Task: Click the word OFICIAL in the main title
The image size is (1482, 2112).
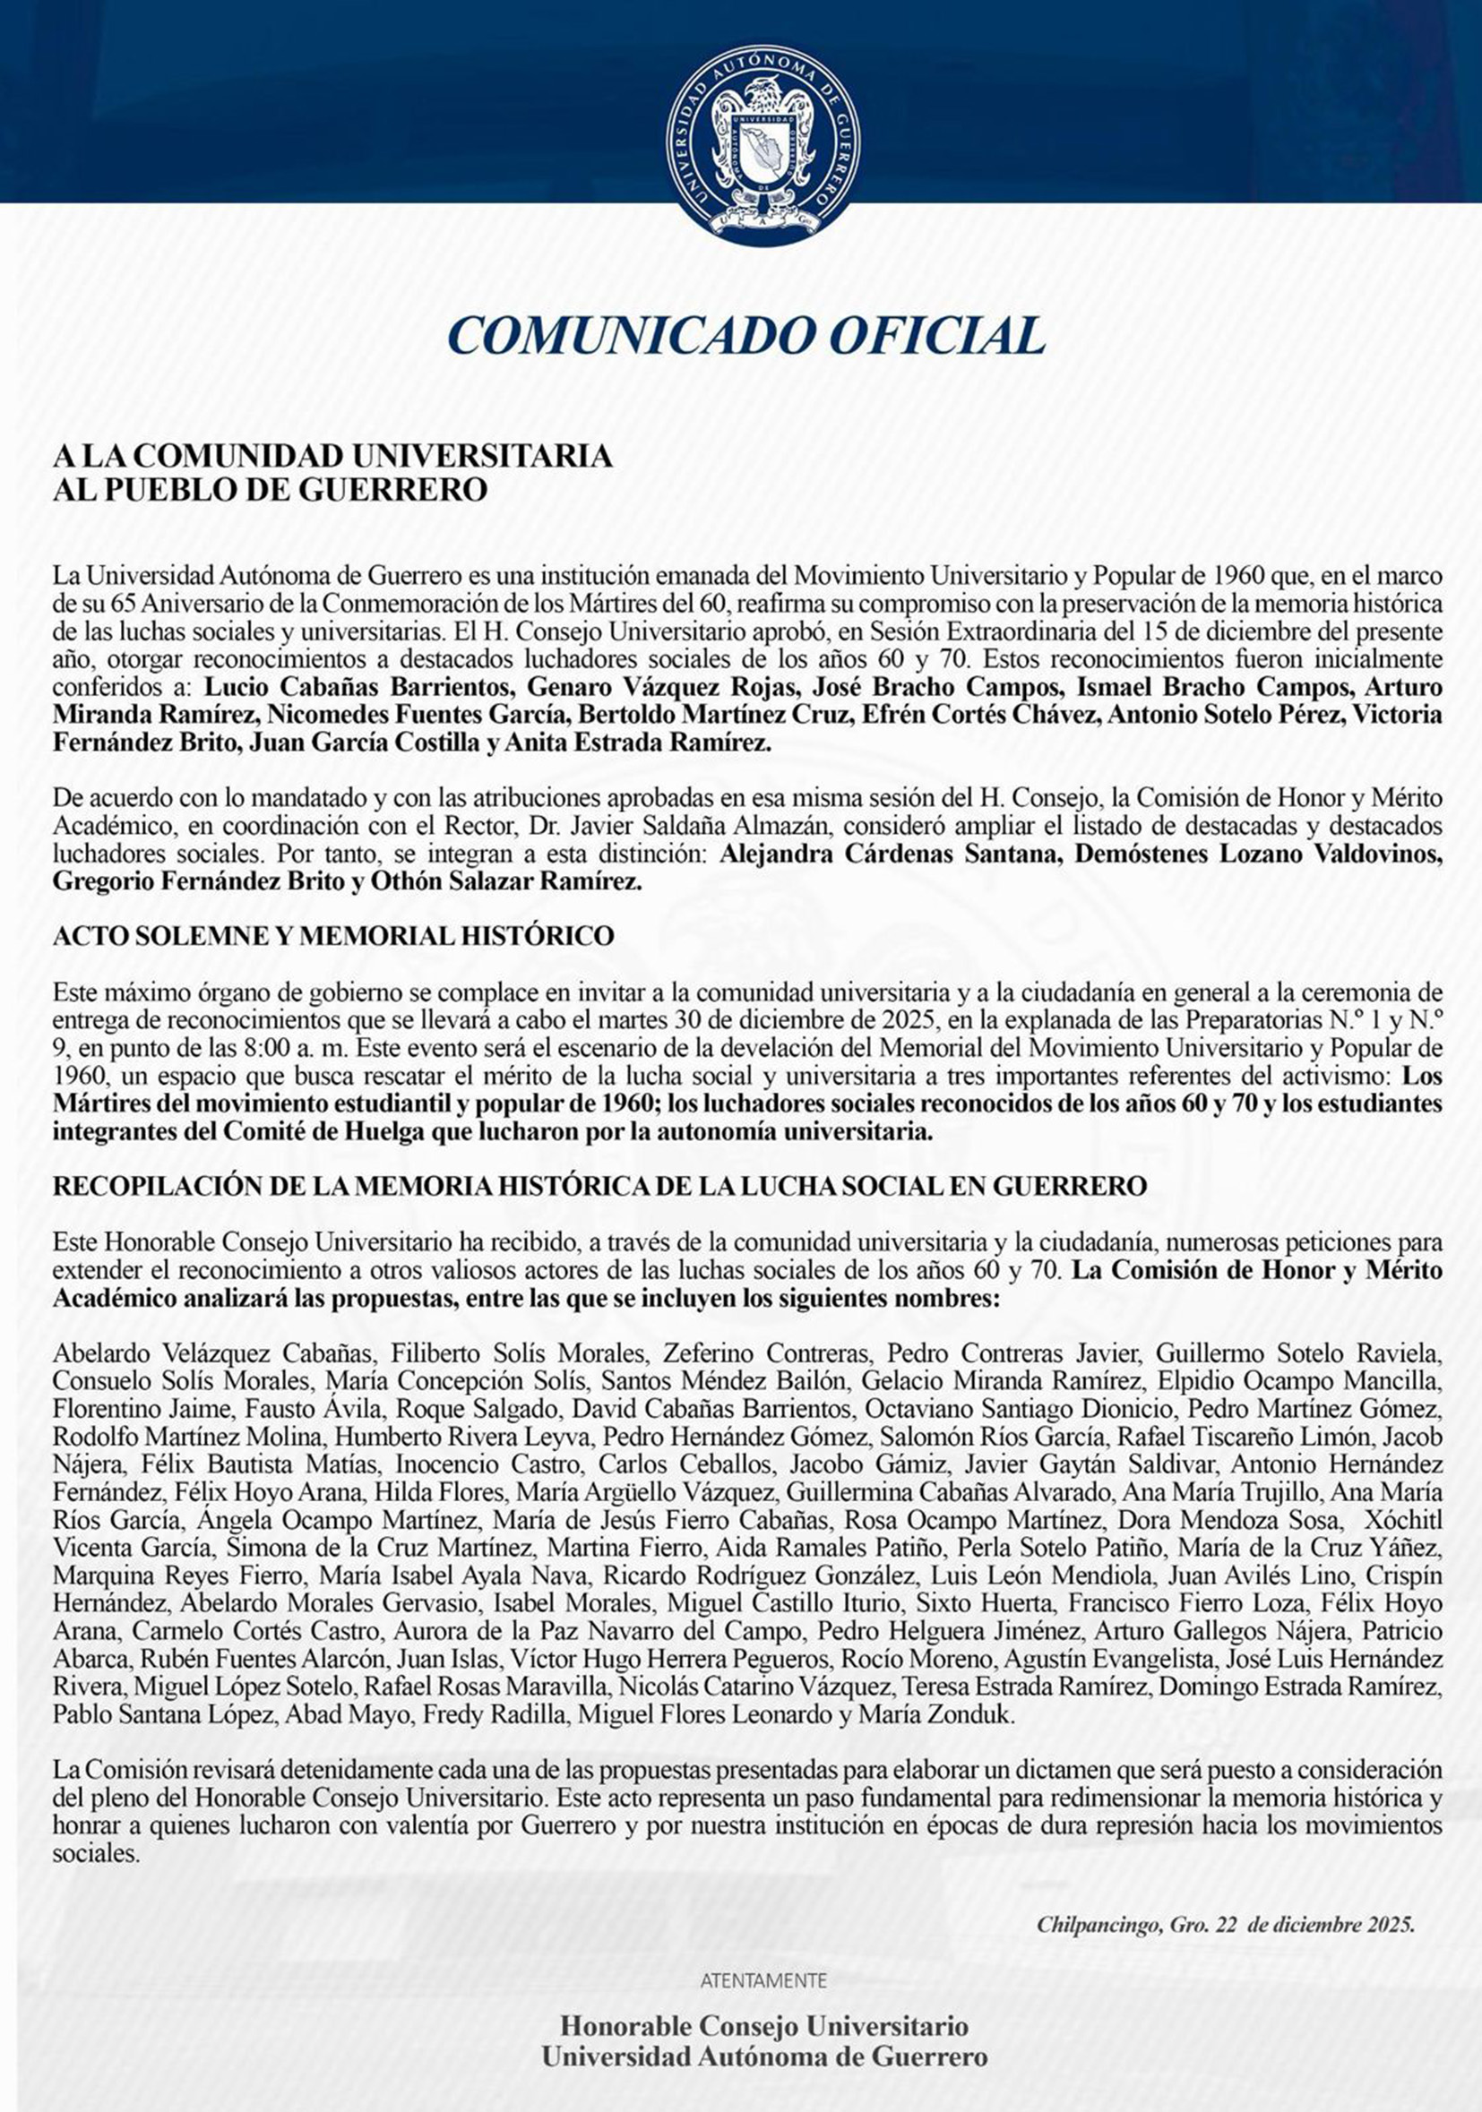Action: coord(937,335)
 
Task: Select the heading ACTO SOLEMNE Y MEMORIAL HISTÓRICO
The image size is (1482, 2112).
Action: coord(333,936)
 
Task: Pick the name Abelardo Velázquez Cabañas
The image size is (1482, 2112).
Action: coord(214,1353)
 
